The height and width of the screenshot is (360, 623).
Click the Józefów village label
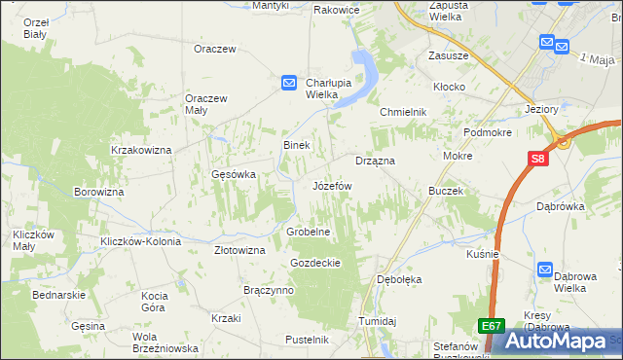pos(331,185)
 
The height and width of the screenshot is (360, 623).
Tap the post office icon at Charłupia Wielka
pos(289,84)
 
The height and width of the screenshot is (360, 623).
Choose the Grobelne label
pos(310,233)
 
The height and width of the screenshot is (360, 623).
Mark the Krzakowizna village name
pos(141,150)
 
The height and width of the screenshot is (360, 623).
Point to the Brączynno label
pos(269,291)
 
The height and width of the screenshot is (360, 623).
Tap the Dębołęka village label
pos(399,279)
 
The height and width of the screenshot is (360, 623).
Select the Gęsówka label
pos(234,175)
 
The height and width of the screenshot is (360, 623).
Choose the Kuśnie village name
pos(482,254)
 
